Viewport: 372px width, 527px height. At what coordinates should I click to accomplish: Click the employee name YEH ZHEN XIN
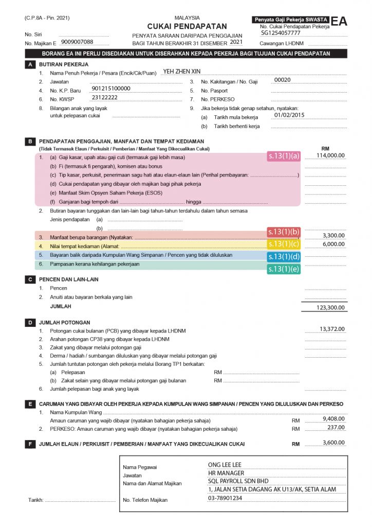(181, 72)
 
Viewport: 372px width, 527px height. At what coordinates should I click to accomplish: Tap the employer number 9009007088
(77, 42)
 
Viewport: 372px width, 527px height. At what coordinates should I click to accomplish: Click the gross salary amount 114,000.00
(330, 155)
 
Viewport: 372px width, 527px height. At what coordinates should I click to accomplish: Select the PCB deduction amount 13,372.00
(332, 329)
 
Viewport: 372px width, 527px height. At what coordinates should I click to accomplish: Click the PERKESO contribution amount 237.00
(336, 427)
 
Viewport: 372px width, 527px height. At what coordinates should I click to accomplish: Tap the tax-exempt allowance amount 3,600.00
(333, 443)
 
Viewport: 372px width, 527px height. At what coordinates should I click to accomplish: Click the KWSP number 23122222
(104, 97)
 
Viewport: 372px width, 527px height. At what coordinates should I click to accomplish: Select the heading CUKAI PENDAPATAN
(187, 26)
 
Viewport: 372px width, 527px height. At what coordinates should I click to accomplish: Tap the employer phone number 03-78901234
(225, 498)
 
